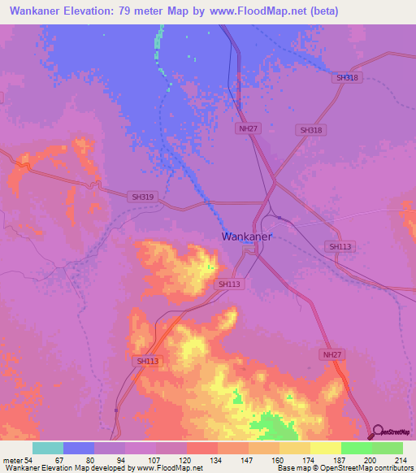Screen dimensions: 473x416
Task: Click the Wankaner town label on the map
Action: click(x=247, y=237)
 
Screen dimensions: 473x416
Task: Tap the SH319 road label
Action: click(x=141, y=197)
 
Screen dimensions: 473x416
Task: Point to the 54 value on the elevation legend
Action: click(x=28, y=459)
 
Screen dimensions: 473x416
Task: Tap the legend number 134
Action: click(x=217, y=459)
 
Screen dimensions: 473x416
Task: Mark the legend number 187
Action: click(x=340, y=459)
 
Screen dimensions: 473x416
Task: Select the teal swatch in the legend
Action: click(x=48, y=448)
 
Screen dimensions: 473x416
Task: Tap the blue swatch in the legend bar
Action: click(x=79, y=448)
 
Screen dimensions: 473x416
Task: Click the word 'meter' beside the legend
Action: click(x=11, y=459)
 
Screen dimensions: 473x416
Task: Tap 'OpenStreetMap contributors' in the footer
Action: click(x=366, y=468)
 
